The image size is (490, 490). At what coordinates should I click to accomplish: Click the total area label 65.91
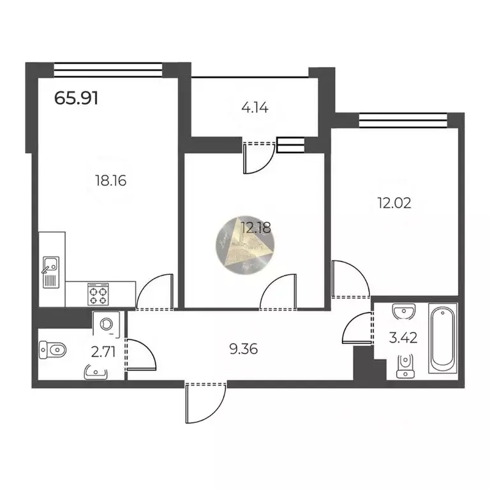tap(76, 99)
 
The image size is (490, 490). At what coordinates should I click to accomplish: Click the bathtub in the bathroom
tap(442, 338)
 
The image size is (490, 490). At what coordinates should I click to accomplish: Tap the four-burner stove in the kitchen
tap(98, 295)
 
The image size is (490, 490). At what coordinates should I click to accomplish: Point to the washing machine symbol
tap(107, 323)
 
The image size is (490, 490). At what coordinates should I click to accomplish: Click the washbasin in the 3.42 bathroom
tap(403, 311)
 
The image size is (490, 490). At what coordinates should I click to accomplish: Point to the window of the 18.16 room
tap(107, 66)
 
